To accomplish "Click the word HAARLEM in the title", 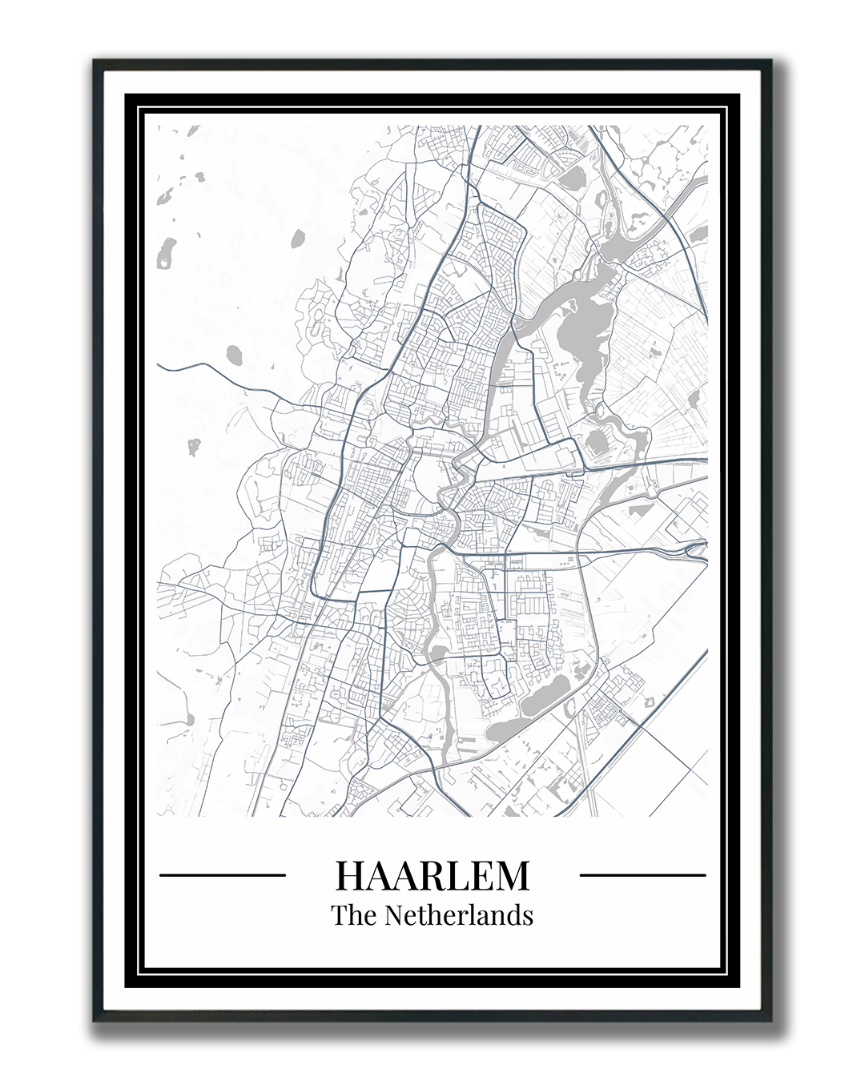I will pyautogui.click(x=432, y=875).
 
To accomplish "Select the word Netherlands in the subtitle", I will pyautogui.click(x=459, y=914).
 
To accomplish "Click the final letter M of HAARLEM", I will pyautogui.click(x=513, y=875).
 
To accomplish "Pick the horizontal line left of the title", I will pyautogui.click(x=223, y=875).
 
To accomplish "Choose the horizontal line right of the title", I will pyautogui.click(x=642, y=875).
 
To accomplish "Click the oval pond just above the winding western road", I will pyautogui.click(x=236, y=353).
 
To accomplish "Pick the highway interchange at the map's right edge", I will pyautogui.click(x=695, y=548).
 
